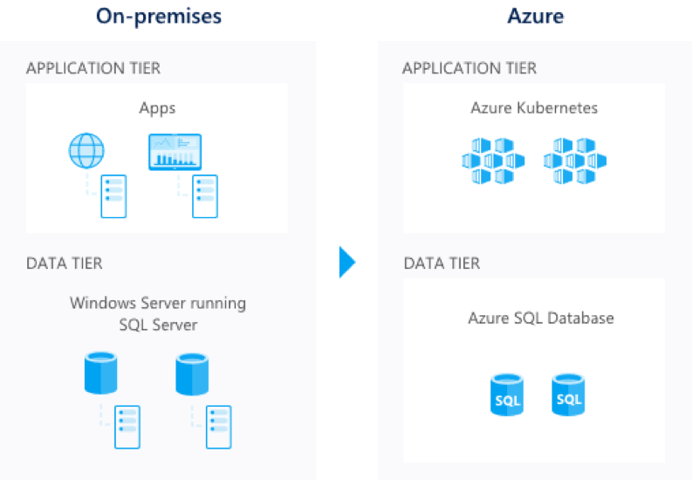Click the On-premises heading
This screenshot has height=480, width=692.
click(x=159, y=17)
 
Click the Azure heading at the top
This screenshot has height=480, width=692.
click(x=535, y=17)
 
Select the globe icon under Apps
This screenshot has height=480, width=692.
click(x=86, y=152)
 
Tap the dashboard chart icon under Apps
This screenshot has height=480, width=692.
click(x=175, y=152)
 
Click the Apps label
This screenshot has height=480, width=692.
click(x=157, y=108)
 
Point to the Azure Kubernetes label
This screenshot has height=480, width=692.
click(x=534, y=108)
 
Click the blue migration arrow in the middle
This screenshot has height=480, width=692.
click(x=346, y=277)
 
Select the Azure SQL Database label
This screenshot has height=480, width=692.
click(x=541, y=318)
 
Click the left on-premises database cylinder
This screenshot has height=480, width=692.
click(x=100, y=373)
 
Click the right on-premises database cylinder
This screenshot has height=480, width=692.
click(x=192, y=373)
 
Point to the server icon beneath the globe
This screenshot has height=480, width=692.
click(x=113, y=195)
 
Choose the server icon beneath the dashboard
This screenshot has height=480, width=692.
click(x=206, y=195)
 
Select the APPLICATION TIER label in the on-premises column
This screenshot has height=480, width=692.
click(x=93, y=68)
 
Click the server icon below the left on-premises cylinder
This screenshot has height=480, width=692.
click(x=127, y=427)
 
